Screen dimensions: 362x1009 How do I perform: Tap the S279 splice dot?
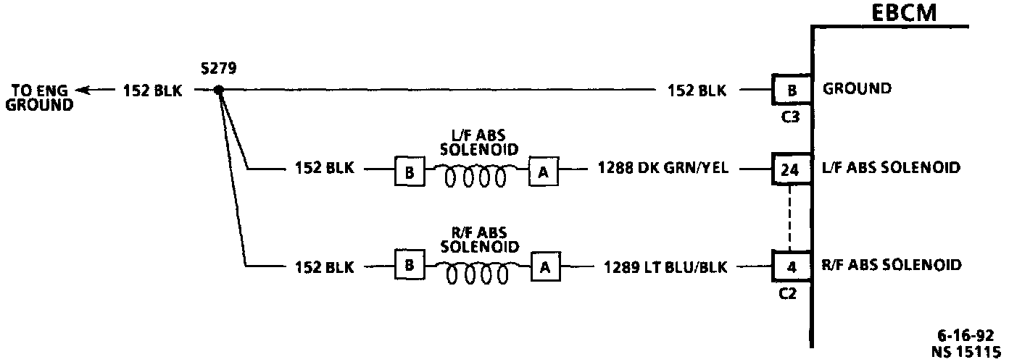pyautogui.click(x=219, y=90)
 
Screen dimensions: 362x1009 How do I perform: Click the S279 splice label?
pyautogui.click(x=217, y=69)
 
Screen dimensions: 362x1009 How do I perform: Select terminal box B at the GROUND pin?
pyautogui.click(x=791, y=90)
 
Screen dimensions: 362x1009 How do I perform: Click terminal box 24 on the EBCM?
pyautogui.click(x=791, y=171)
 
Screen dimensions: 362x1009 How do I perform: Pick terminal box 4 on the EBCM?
pyautogui.click(x=791, y=266)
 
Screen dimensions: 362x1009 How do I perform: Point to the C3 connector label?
pyautogui.click(x=792, y=115)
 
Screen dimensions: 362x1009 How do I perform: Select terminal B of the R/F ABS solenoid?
pyautogui.click(x=409, y=266)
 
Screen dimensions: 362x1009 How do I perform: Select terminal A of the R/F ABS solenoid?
pyautogui.click(x=545, y=266)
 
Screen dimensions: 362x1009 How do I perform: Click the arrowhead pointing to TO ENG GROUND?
pyautogui.click(x=83, y=90)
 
